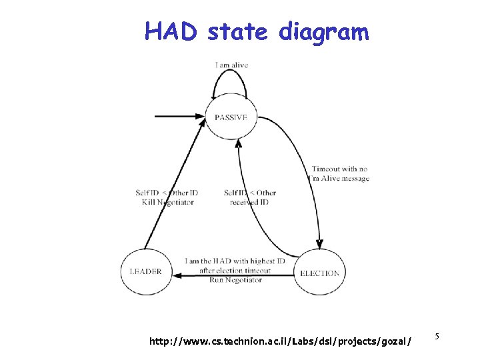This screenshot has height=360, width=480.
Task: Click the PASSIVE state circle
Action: coord(231,117)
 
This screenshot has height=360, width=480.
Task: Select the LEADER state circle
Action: coord(145,272)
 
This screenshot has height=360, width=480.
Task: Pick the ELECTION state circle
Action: coord(319,273)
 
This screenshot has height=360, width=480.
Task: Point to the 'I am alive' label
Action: coord(232,65)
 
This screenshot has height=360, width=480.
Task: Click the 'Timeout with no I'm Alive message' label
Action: coord(340,174)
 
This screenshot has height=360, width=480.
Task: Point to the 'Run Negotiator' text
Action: coord(235,280)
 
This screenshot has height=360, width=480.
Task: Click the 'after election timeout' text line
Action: coord(235,271)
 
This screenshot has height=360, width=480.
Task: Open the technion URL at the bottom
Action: coord(280,341)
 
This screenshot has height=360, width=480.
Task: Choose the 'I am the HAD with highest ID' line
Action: coord(235,261)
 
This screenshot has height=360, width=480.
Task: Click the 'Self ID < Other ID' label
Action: coord(167,193)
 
